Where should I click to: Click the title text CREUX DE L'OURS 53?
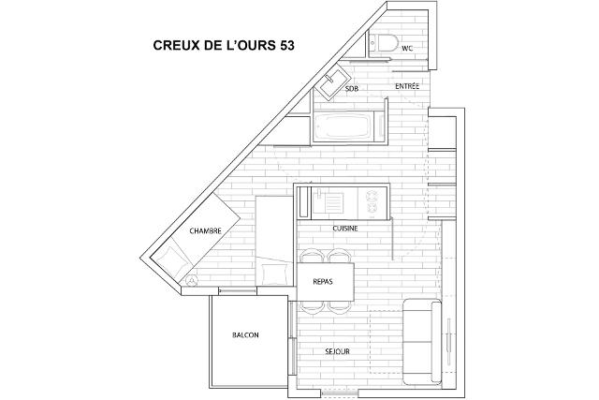coord(224,45)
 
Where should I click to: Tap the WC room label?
coord(407,49)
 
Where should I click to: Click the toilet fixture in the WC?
coord(384,43)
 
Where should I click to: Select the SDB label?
coord(352,89)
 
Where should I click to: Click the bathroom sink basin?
coord(331,82)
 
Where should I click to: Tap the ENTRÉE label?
coord(407,86)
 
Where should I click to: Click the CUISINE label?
coord(345,229)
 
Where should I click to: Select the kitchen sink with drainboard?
coord(329,202)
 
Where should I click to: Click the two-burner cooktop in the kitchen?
coord(372,202)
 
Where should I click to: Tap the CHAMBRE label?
coord(206,231)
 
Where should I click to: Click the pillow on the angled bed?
coord(173,260)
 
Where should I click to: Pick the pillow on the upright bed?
coord(274,274)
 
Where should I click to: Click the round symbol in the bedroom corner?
coord(191,281)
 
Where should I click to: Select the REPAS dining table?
coord(326,282)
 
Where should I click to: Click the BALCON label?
coord(245,335)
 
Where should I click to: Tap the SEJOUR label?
coord(337,351)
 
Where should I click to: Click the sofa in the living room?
coord(422,342)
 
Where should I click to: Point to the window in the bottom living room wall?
coord(340,393)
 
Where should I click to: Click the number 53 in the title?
coord(287,45)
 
